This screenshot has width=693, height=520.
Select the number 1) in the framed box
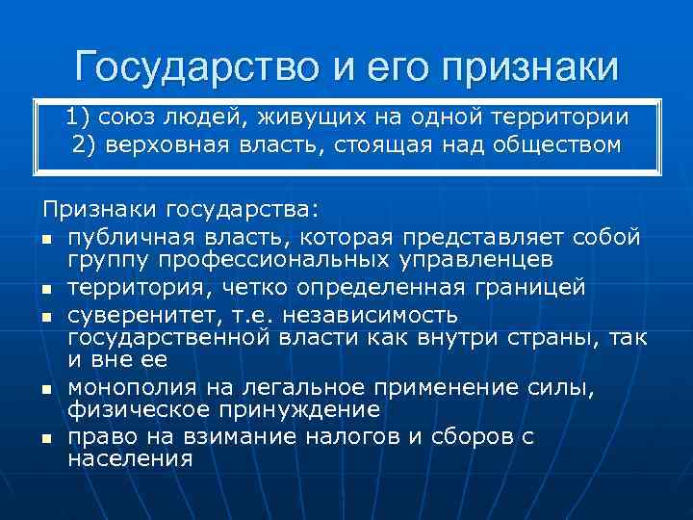[81, 118]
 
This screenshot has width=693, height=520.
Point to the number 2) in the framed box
[84, 145]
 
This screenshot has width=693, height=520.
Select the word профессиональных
[254, 259]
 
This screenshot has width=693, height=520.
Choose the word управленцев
[469, 259]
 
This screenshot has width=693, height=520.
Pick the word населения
[131, 458]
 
